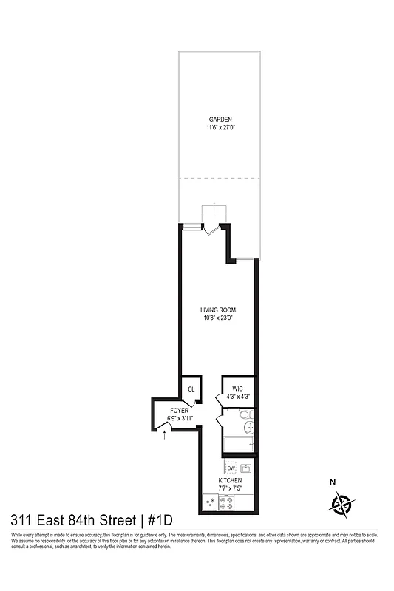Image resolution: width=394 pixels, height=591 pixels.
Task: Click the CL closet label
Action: pyautogui.click(x=191, y=389)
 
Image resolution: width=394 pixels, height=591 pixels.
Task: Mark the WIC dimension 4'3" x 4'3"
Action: pyautogui.click(x=237, y=397)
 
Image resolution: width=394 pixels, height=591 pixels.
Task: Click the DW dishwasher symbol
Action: pyautogui.click(x=231, y=468)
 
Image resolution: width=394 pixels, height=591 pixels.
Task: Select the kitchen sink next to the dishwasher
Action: pyautogui.click(x=245, y=468)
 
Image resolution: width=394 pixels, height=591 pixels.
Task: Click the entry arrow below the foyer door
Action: pyautogui.click(x=164, y=437)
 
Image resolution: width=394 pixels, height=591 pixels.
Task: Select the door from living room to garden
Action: pyautogui.click(x=211, y=230)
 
